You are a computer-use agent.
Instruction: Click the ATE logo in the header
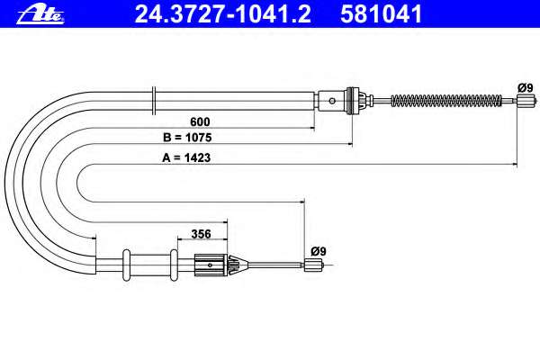(40, 14)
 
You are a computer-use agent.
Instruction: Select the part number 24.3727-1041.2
(223, 14)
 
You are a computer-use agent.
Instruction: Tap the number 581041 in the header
(382, 14)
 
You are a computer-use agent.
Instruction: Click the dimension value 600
(200, 121)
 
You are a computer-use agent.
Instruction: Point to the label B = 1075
(187, 138)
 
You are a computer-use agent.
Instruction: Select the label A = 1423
(186, 157)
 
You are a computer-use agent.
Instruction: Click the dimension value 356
(201, 234)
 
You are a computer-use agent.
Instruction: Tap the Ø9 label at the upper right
(526, 88)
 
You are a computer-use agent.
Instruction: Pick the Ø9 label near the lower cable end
(319, 251)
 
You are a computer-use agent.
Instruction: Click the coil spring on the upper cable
(446, 101)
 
